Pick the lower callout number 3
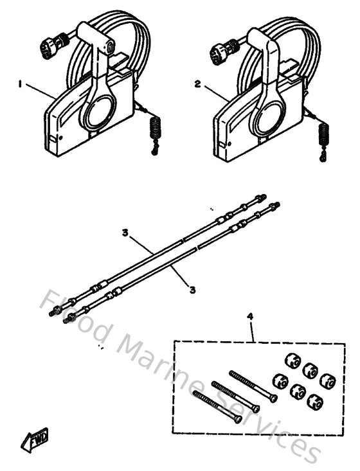coord(192,290)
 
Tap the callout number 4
coord(250,316)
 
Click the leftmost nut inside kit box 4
coord(279,380)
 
